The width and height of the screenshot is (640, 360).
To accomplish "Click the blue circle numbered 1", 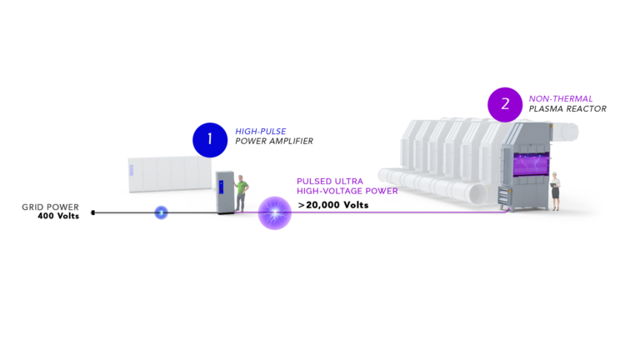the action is [210, 140].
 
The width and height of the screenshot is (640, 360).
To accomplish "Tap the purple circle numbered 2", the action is [505, 104].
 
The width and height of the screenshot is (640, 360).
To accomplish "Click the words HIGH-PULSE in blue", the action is [260, 132].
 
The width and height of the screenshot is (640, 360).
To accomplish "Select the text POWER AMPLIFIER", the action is [274, 141].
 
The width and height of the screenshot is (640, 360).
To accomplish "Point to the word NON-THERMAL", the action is [560, 99].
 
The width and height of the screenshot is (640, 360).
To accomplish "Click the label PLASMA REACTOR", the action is [567, 109].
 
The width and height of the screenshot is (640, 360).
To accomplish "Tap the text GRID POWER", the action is [50, 207].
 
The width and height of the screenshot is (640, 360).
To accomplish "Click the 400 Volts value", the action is [58, 216].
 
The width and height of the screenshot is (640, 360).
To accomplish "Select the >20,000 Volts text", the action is [333, 205].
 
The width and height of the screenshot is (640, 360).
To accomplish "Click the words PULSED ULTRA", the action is [330, 181].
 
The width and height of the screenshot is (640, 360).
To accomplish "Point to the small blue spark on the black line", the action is [161, 212].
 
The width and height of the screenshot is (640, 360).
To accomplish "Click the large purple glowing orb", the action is [275, 212].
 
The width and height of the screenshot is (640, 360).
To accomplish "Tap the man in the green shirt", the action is [241, 193].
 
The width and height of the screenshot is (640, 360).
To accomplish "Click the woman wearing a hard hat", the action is [555, 191].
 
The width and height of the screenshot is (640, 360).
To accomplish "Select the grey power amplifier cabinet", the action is [225, 192].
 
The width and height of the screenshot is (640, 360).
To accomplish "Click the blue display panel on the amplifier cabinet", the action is [221, 187].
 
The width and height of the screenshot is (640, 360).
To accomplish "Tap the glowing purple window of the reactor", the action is [531, 164].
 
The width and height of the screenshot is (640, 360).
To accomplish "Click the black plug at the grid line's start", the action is [93, 212].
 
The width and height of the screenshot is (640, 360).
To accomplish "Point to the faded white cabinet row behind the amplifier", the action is [170, 174].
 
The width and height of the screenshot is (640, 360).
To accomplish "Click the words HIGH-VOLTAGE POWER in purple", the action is [347, 191].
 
